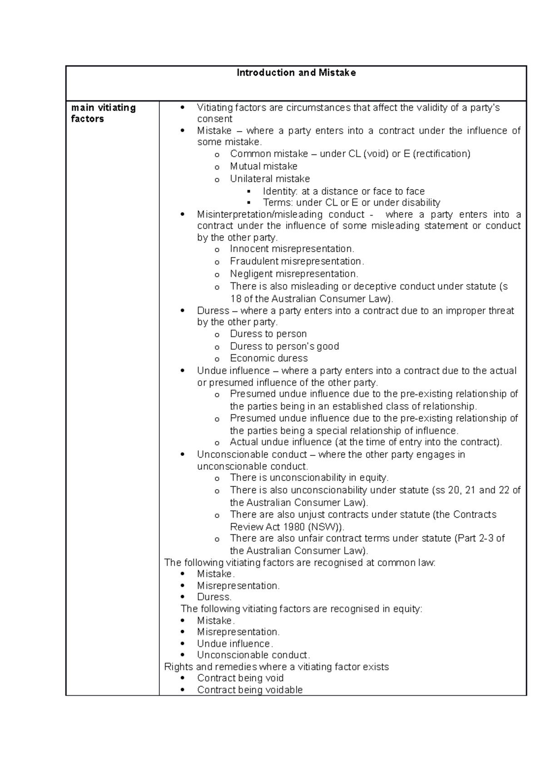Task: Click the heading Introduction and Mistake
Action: pyautogui.click(x=296, y=73)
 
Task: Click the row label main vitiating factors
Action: pyautogui.click(x=103, y=113)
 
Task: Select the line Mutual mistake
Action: pyautogui.click(x=263, y=166)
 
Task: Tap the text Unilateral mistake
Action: pyautogui.click(x=270, y=179)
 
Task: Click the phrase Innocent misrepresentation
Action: pyautogui.click(x=292, y=249)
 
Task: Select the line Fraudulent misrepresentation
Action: pyautogui.click(x=297, y=261)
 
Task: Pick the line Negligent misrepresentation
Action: pyautogui.click(x=294, y=274)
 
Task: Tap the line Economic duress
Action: pyautogui.click(x=268, y=358)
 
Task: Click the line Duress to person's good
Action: pyautogui.click(x=284, y=346)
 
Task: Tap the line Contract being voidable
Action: pyautogui.click(x=249, y=690)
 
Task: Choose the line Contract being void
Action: pyautogui.click(x=240, y=678)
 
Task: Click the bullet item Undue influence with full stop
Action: pyautogui.click(x=235, y=643)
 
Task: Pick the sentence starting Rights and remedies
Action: pyautogui.click(x=276, y=667)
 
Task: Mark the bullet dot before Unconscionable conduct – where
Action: pyautogui.click(x=183, y=455)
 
